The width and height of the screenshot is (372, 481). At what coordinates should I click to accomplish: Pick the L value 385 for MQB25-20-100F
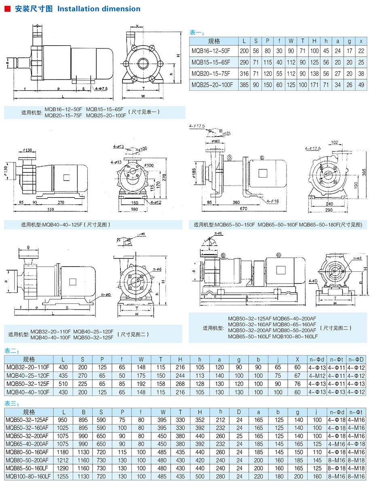244,85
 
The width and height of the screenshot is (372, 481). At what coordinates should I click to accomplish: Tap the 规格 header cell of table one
214,41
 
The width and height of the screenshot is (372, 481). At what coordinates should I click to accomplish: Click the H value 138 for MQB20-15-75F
315,74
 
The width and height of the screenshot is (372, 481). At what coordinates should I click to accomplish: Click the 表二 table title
12,351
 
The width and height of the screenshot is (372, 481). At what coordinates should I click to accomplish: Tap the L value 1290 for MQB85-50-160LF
63,468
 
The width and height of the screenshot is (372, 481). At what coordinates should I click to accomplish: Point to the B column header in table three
83,412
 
